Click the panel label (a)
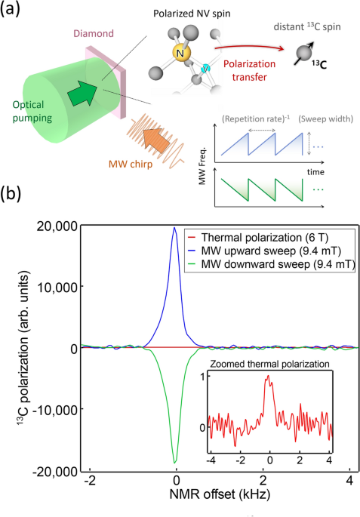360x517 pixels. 16,11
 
